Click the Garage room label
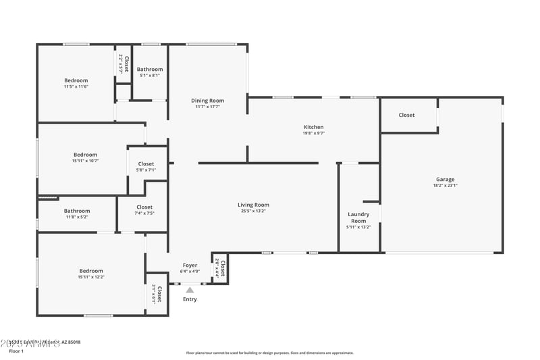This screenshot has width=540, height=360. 445,179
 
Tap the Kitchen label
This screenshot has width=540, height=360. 313,127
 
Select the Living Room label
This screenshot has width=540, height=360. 253,205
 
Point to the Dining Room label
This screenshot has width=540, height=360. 208,101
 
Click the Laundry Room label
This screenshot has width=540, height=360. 358,217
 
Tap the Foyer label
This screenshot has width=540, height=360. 190,265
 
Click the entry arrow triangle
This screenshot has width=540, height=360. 190,290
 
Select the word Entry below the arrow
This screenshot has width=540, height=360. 190,299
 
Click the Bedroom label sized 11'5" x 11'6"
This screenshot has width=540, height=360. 76,80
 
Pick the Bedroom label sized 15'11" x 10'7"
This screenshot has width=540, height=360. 85,155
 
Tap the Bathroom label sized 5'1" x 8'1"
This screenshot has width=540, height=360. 150,69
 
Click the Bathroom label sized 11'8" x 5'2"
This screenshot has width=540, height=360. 77,211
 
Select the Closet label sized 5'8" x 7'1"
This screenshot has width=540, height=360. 146,164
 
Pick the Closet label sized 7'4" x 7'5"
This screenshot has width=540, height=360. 144,207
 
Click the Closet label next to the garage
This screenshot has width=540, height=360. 406,115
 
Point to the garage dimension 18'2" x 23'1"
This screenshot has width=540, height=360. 445,186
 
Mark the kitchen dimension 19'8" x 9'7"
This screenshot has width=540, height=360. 313,134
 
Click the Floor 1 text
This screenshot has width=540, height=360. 16,351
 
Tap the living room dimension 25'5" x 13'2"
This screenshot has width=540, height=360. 253,211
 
